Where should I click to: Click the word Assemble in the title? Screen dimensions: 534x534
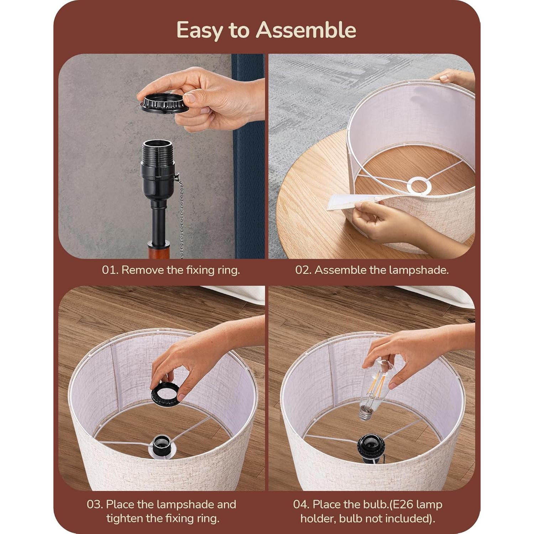tap(306, 30)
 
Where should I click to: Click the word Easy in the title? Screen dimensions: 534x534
tap(198, 30)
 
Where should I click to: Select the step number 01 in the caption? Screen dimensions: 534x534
tap(110, 270)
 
